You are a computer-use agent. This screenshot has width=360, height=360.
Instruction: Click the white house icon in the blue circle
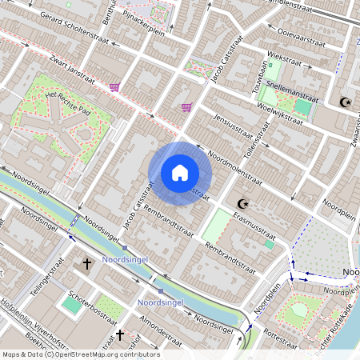pyautogui.click(x=180, y=173)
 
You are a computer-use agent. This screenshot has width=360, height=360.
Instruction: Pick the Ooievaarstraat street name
pyautogui.click(x=300, y=34)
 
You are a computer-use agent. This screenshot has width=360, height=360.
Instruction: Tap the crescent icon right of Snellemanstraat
pyautogui.click(x=346, y=102)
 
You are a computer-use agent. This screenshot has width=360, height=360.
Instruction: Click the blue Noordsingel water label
pyautogui.click(x=160, y=302)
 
